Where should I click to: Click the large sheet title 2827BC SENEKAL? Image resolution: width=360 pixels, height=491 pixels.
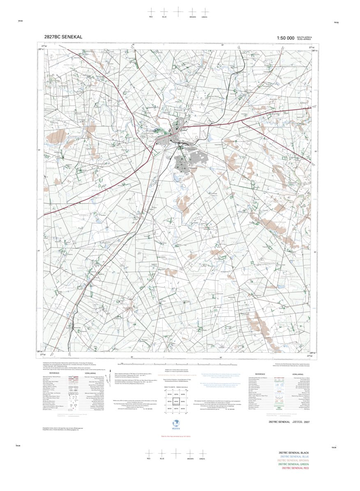pyautogui.click(x=63, y=37)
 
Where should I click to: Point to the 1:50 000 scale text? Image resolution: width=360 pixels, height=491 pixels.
pyautogui.click(x=286, y=38)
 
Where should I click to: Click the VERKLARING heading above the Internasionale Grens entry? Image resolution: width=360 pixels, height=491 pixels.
pyautogui.click(x=297, y=374)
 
